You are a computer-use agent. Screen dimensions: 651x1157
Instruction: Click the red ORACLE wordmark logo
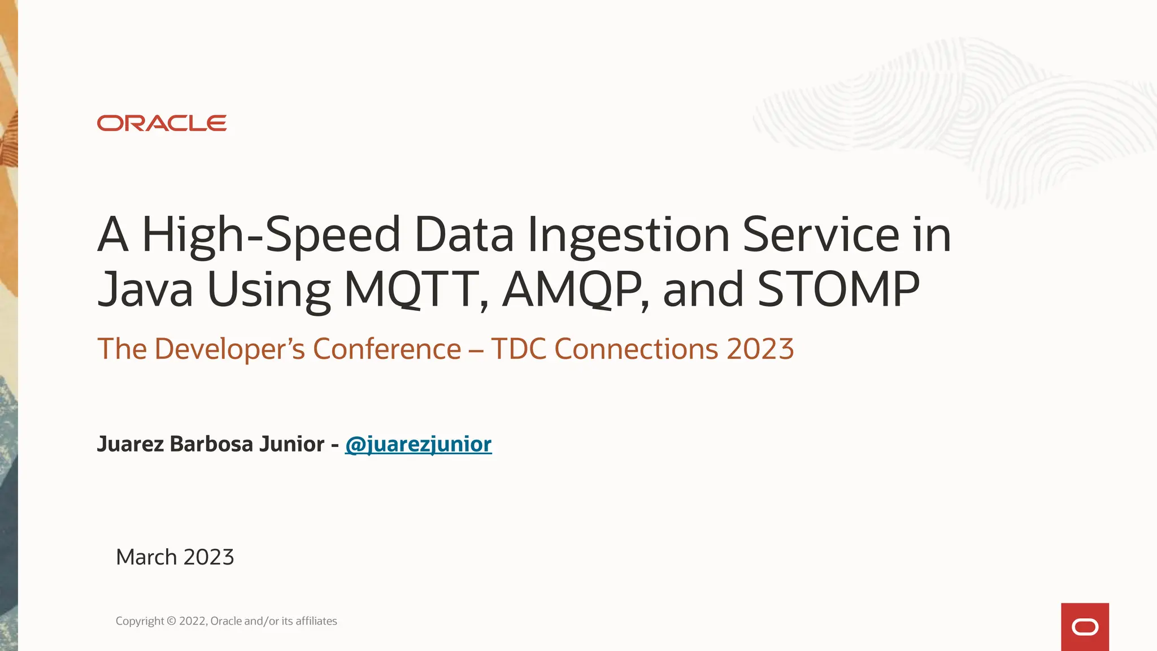tap(162, 123)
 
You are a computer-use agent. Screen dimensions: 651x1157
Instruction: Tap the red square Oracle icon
tap(1085, 627)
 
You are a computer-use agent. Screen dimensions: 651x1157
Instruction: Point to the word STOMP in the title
tap(838, 289)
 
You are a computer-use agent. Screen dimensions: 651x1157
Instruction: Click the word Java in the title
tap(145, 289)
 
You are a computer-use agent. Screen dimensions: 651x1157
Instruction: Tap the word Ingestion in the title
tap(628, 235)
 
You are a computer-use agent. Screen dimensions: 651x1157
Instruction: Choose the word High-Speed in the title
tap(271, 235)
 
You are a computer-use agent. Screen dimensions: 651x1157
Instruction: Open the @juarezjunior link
tap(418, 444)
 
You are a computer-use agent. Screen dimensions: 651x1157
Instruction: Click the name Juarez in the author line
tap(131, 444)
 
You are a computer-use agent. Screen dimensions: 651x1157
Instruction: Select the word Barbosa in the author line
tap(211, 444)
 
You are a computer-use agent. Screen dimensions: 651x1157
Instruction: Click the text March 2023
tap(175, 557)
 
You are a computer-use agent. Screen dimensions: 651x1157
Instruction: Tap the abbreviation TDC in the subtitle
tap(519, 349)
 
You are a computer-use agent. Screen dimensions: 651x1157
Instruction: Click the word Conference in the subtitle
tap(387, 349)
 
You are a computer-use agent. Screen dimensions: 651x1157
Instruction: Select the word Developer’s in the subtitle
tap(229, 349)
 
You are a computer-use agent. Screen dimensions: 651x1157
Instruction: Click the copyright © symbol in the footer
tap(172, 621)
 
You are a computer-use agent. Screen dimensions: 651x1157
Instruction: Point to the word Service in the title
tap(820, 235)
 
